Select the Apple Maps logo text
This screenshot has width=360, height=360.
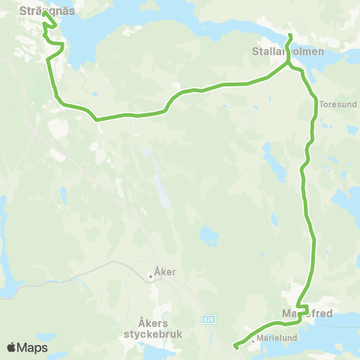point(28,347)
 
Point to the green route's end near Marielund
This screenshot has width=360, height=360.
point(235,346)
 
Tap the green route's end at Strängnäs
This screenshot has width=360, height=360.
point(44,13)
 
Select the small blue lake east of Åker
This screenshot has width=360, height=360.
point(209,238)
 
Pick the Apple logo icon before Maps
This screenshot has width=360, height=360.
point(11,347)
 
